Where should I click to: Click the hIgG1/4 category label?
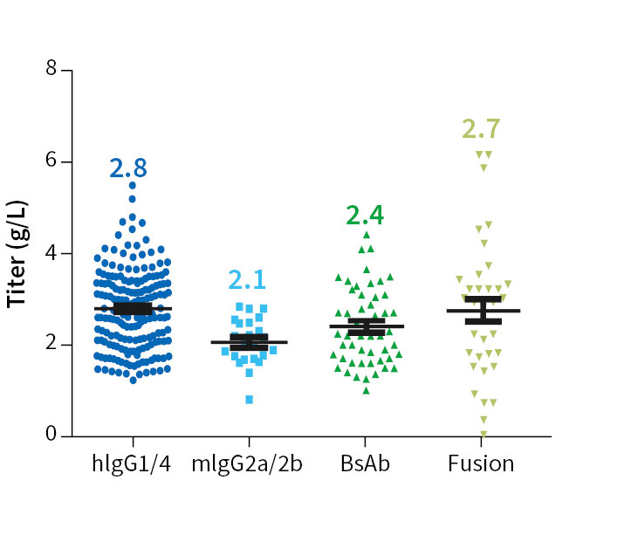tap(133, 463)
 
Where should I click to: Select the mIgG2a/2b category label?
tap(249, 463)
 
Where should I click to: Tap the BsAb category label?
tap(366, 463)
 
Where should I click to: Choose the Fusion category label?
tap(481, 463)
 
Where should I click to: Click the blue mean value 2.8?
tap(133, 168)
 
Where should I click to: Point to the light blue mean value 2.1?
tap(248, 280)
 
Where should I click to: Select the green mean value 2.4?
tap(365, 215)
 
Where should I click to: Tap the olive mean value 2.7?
tap(481, 129)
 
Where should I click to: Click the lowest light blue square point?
tap(250, 400)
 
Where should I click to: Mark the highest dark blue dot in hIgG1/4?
tap(133, 185)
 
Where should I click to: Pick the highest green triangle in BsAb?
tap(367, 235)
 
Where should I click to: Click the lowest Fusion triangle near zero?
tap(483, 434)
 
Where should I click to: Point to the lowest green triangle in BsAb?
tap(367, 390)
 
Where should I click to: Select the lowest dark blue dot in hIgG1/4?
tap(133, 380)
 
